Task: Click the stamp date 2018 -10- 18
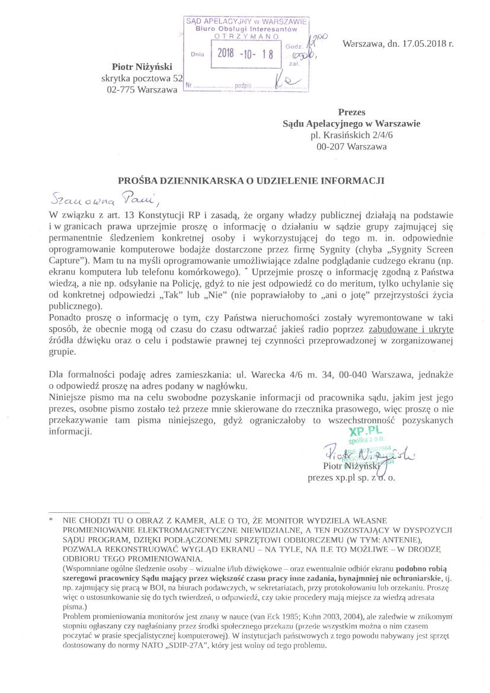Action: (245, 53)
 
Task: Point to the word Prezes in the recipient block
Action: (351, 112)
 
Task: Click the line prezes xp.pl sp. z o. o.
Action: (351, 477)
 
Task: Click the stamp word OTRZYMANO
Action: (245, 36)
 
